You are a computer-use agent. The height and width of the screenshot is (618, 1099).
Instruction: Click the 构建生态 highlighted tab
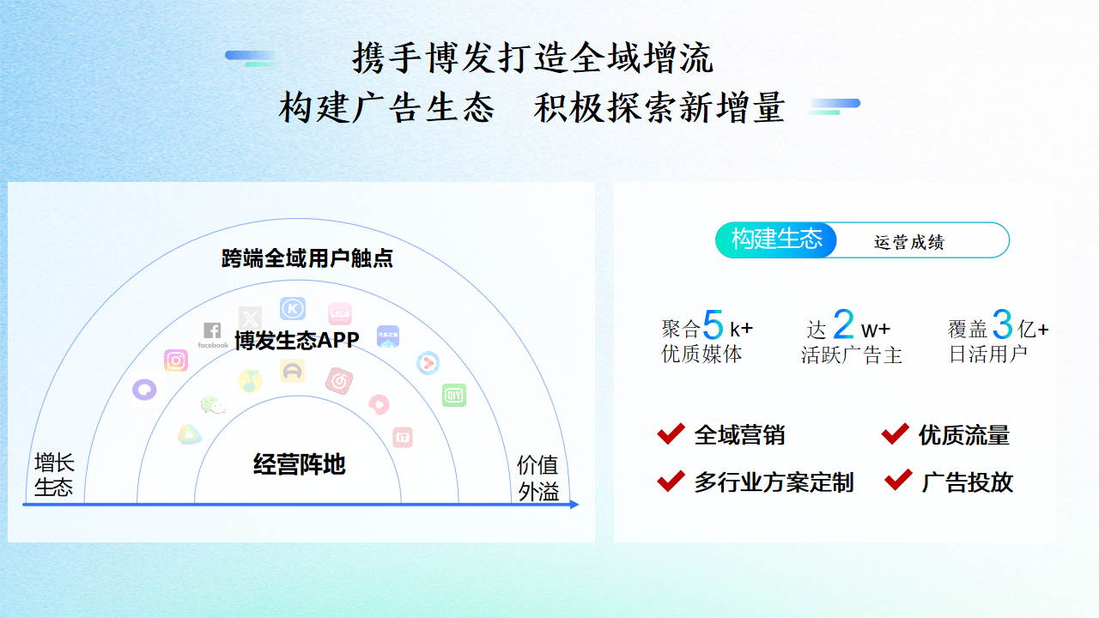776,239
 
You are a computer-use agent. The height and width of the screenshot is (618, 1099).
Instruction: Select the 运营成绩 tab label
908,242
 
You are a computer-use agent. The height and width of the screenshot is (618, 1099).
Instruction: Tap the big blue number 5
713,324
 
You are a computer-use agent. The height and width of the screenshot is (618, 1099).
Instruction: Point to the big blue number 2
843,324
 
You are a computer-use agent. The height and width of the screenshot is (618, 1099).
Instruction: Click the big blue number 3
1002,324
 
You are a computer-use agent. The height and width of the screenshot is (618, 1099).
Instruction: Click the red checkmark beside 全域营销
671,433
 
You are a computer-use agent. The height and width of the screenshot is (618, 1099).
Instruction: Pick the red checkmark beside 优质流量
896,433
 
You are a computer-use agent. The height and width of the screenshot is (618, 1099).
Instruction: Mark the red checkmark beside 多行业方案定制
671,481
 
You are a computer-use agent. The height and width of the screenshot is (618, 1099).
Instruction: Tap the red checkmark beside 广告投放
898,479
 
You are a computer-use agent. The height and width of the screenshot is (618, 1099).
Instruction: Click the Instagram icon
176,360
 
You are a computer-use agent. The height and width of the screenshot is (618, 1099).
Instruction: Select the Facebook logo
212,335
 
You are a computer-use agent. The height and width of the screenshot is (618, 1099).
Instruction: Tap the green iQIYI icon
454,396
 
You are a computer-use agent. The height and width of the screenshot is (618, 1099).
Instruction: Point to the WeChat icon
213,405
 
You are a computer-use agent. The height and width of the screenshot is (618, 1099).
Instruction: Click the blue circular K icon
293,308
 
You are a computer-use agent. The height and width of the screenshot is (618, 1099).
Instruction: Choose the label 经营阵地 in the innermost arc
300,464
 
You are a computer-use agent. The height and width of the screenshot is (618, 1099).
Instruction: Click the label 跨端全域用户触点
307,258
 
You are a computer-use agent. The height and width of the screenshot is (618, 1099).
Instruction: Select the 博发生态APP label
297,340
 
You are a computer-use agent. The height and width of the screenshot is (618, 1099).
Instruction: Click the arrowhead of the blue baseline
575,504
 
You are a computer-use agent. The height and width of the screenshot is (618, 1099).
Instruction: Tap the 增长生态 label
54,475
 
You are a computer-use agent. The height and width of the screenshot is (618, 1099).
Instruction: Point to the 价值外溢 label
538,478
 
